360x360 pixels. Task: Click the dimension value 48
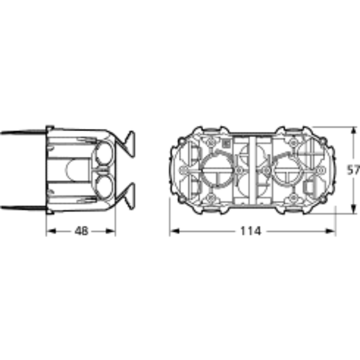tap(81, 231)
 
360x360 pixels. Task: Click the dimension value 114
tap(251, 231)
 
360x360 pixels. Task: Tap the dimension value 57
tap(353, 170)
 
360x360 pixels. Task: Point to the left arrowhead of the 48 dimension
tap(51, 231)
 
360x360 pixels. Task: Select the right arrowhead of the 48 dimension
tap(110, 231)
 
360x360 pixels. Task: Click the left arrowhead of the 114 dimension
tap(175, 231)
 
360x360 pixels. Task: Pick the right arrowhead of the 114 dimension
tap(331, 231)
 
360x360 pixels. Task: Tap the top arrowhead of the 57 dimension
tap(354, 132)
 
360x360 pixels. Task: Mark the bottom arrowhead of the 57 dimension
tap(354, 208)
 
